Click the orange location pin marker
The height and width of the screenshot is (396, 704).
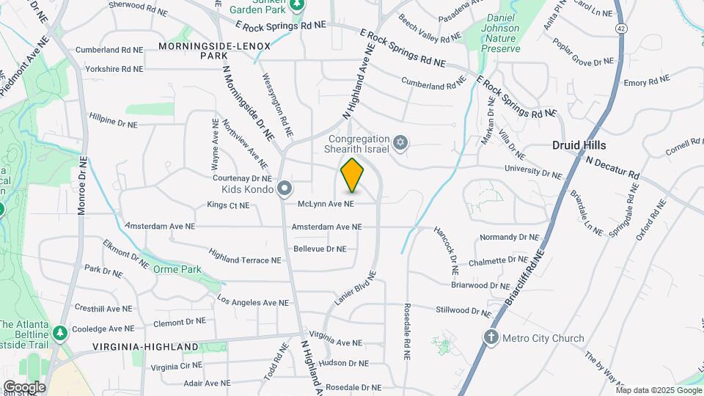[x=353, y=175]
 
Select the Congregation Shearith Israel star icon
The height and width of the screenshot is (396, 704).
[x=400, y=142]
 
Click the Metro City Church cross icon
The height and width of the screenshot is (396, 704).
[x=491, y=337]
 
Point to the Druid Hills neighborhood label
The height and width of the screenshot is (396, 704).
[x=579, y=146]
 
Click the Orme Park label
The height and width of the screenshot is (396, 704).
[x=177, y=269]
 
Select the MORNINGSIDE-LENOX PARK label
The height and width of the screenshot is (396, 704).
[x=214, y=51]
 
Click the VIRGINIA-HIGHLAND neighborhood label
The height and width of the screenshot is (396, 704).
[x=146, y=346]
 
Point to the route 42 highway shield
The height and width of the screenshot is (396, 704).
[x=621, y=28]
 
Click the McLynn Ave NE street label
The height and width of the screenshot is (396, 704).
[x=326, y=204]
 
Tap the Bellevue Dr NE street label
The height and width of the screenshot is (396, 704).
[x=319, y=249]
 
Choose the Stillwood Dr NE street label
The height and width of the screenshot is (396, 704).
[x=462, y=310]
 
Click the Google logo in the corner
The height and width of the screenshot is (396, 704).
[x=24, y=386]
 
